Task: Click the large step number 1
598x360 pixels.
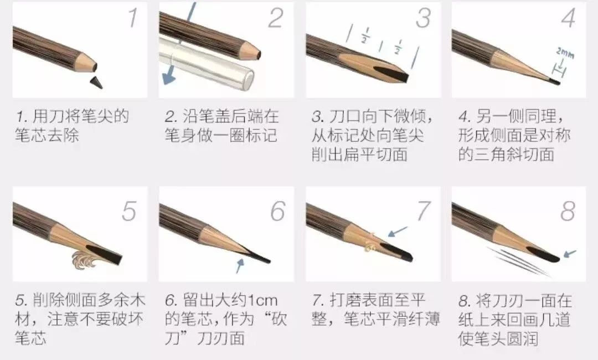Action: click(132, 18)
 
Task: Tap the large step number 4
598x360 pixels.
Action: click(568, 18)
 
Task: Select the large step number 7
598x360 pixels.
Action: click(423, 211)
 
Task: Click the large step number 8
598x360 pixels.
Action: click(568, 211)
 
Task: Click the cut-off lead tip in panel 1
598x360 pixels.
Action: click(96, 81)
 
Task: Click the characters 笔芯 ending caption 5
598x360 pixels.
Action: click(31, 338)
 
